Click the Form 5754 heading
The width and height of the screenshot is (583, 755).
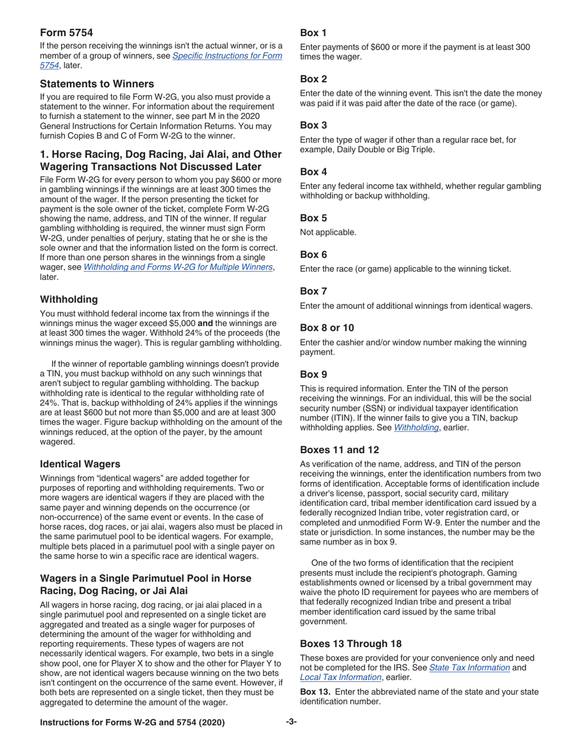[66, 33]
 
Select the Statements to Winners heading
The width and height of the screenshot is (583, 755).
[96, 84]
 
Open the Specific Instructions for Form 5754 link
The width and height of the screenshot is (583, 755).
[228, 56]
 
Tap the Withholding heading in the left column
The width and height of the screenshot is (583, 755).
[69, 299]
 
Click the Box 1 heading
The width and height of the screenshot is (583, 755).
[313, 33]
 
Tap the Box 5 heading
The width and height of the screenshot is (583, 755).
[313, 217]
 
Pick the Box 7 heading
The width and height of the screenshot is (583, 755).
[313, 292]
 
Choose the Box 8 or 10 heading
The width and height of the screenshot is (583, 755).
[326, 328]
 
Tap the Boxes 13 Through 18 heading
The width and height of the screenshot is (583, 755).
[350, 643]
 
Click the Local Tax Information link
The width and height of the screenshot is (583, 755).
[338, 677]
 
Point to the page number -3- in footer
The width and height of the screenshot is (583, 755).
[291, 722]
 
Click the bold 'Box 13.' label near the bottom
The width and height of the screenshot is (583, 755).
[316, 692]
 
